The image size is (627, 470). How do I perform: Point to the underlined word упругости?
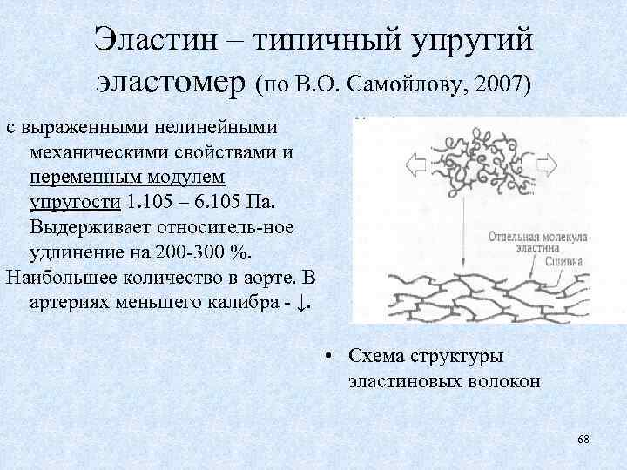73,203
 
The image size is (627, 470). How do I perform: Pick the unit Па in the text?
258,203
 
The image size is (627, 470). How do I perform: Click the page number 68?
583,440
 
